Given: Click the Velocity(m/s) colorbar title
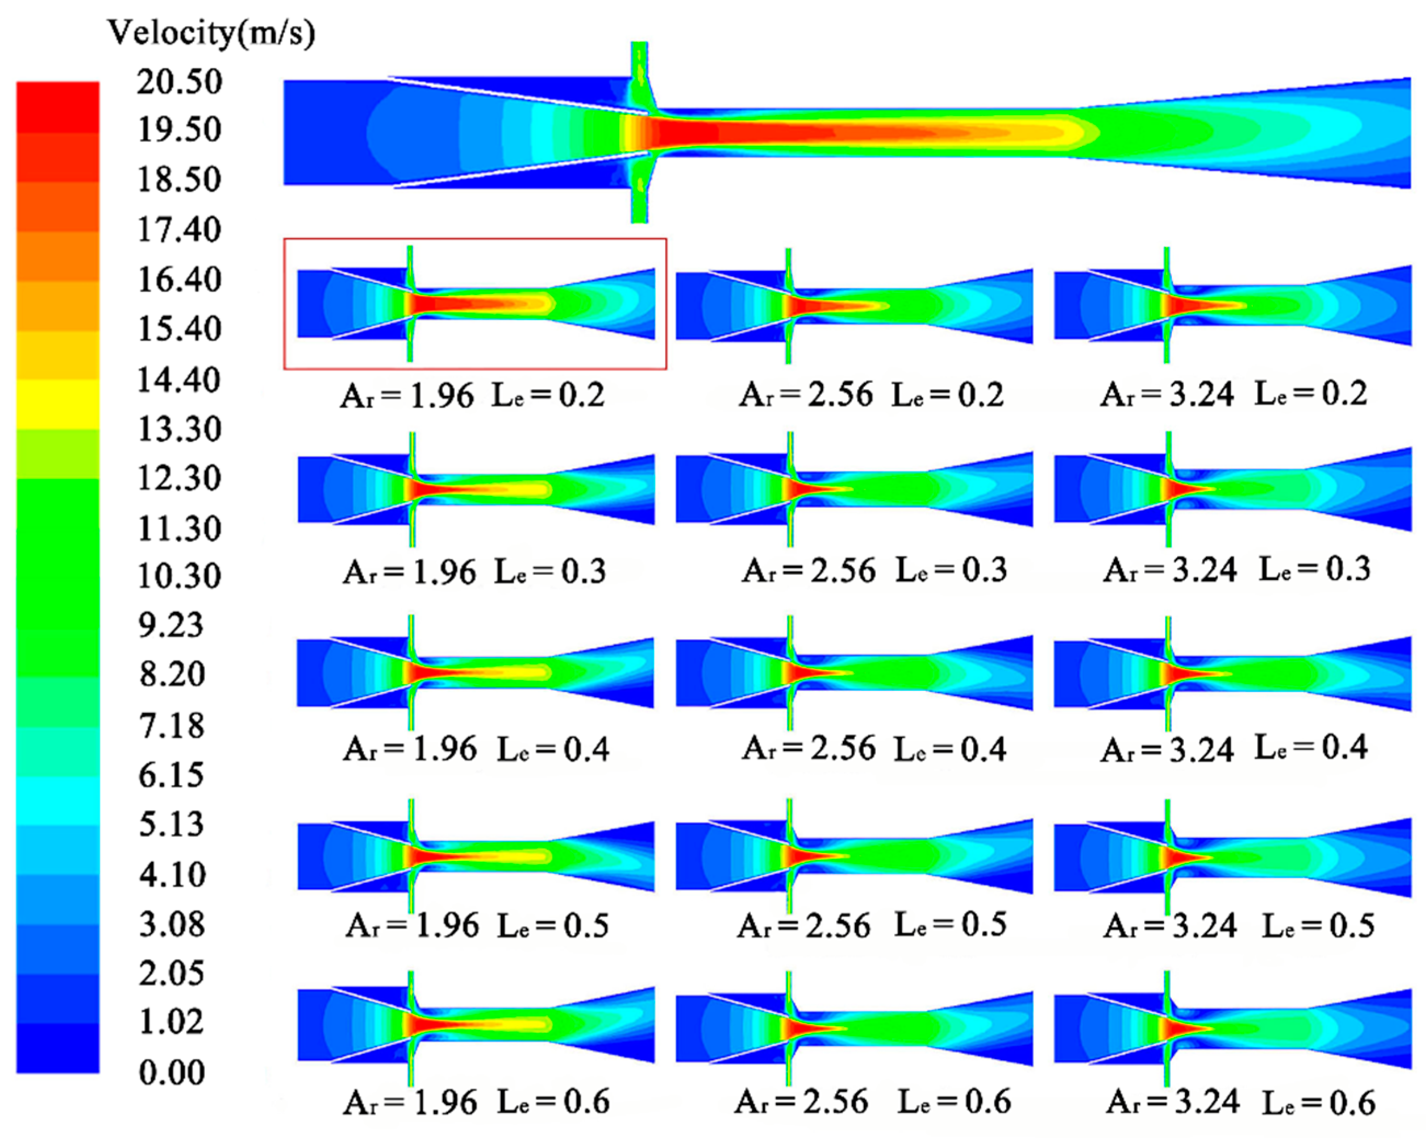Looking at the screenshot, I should (x=210, y=32).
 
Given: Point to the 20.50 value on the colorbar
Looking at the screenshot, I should (x=179, y=82).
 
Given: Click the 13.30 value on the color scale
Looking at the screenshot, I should (x=179, y=429).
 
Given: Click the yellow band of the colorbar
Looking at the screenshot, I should (x=58, y=403).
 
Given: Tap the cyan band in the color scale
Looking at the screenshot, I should (x=58, y=800).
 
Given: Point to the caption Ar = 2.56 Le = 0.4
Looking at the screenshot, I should (x=874, y=749).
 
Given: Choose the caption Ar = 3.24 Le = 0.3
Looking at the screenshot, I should (x=1236, y=570).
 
